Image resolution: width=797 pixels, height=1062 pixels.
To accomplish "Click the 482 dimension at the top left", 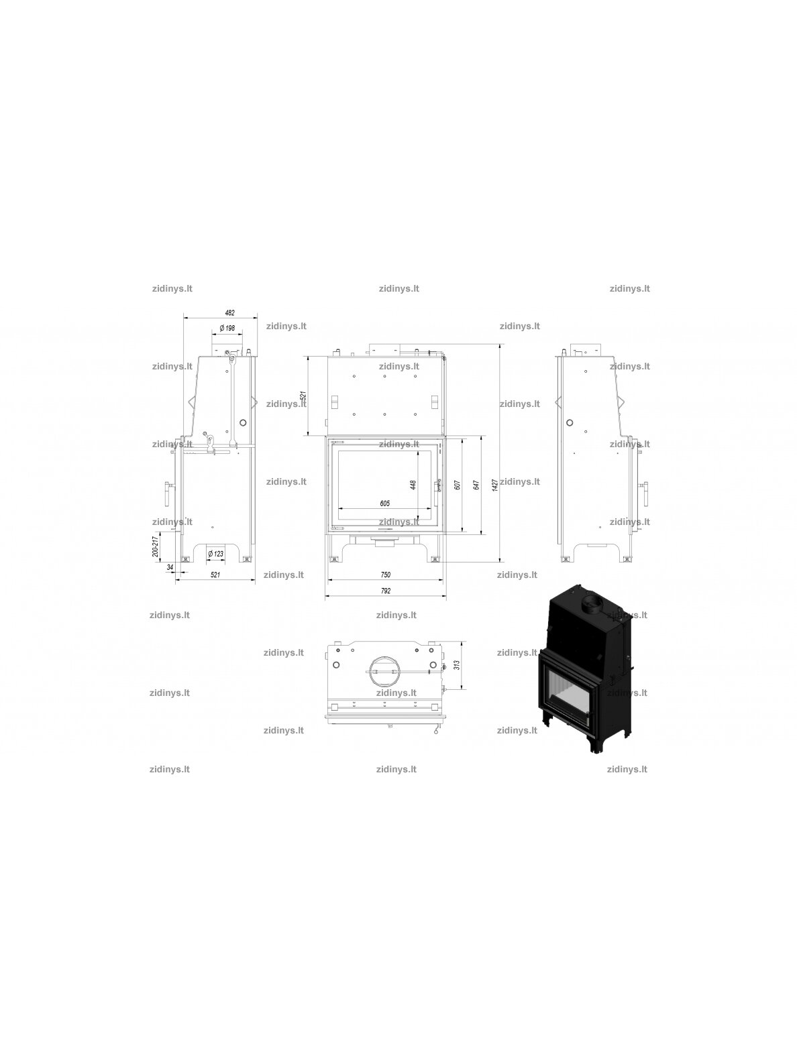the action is coord(230,313).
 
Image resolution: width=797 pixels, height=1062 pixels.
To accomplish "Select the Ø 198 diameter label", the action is coord(227,328).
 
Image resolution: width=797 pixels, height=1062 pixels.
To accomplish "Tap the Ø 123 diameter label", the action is coord(215,554).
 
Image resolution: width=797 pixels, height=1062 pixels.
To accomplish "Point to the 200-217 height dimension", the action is coord(156,546).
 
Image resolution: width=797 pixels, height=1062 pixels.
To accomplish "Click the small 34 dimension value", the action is coord(170,567).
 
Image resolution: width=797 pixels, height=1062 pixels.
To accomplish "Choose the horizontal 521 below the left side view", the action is coord(215,575).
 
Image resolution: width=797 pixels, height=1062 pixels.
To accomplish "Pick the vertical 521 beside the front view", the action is coord(303,396).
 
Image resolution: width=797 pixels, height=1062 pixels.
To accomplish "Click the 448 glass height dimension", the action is coord(413,485).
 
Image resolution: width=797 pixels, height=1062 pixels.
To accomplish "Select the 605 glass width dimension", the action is coord(384,504).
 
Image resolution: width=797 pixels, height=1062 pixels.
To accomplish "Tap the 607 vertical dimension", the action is coord(458,485).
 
